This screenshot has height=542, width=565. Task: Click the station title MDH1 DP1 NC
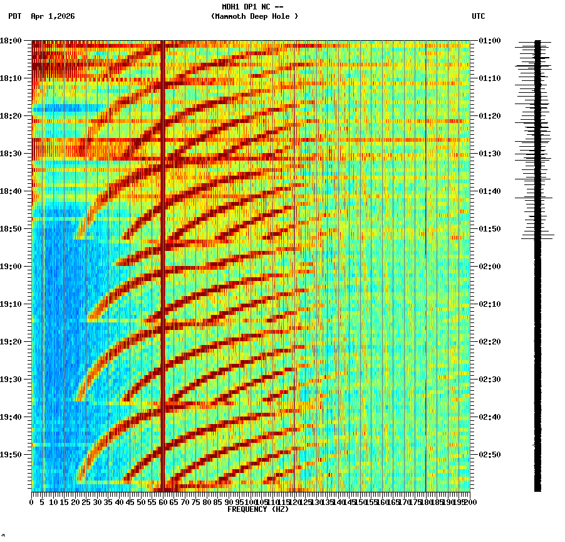coord(252,7)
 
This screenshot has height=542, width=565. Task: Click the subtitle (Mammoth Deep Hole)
coord(254,16)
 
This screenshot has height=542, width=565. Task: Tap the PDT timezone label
coord(15,16)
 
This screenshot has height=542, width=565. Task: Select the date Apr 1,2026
coord(53,16)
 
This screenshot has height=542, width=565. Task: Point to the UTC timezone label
coord(478,16)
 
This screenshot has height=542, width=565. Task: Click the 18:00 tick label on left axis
coord(11,41)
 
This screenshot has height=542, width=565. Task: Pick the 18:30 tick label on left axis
coord(11,154)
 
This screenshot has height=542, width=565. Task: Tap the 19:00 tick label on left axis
coord(11,267)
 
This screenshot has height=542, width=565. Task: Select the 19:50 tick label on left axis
coord(11,455)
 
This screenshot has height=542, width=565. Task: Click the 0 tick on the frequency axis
coord(32,502)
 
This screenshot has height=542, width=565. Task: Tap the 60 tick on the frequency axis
coord(163,502)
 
